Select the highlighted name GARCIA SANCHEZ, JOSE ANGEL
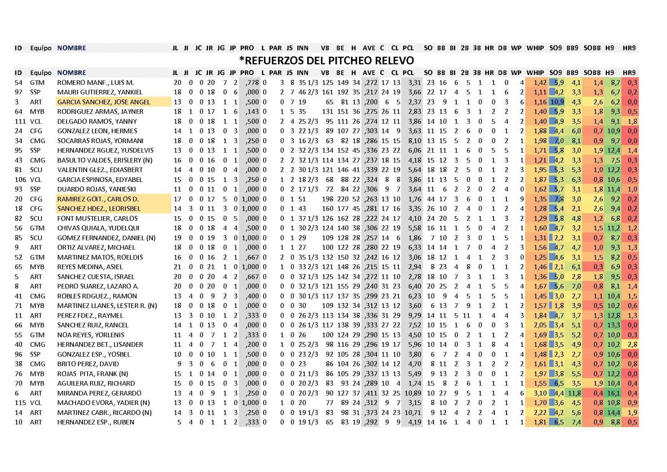pyautogui.click(x=104, y=102)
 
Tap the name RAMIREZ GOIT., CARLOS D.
pyautogui.click(x=98, y=199)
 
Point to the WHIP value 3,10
pyautogui.click(x=540, y=393)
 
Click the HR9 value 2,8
pyautogui.click(x=632, y=345)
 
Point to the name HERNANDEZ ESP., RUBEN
pyautogui.click(x=96, y=422)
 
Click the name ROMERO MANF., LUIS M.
pyautogui.click(x=95, y=83)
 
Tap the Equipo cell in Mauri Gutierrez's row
pyautogui.click(x=35, y=92)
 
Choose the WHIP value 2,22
pyautogui.click(x=540, y=413)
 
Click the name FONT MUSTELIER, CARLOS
pyautogui.click(x=97, y=218)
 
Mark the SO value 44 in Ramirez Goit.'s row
pyautogui.click(x=429, y=199)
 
